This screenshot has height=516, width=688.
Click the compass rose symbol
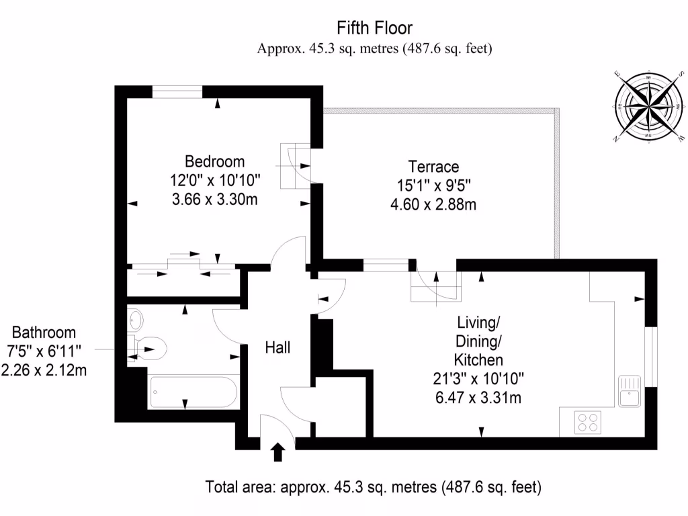(x=648, y=105)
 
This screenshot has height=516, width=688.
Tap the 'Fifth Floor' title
(x=374, y=28)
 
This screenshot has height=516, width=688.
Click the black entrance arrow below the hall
(x=277, y=452)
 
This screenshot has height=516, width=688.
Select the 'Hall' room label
(x=277, y=347)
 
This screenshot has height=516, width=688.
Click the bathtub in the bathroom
(x=193, y=391)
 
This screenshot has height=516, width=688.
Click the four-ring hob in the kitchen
(x=588, y=423)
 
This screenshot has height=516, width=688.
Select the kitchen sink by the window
(x=630, y=391)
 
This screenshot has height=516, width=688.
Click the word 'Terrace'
(x=433, y=167)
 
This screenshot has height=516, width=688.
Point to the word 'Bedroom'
(x=215, y=162)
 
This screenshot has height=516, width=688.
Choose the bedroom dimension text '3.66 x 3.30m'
(x=215, y=199)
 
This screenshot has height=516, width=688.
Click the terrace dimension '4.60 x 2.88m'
(x=433, y=204)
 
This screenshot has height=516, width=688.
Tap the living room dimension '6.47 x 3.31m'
(x=478, y=398)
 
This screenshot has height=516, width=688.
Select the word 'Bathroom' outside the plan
(x=44, y=333)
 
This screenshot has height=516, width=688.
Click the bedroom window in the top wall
(x=177, y=92)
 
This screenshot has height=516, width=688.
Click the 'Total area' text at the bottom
(x=373, y=486)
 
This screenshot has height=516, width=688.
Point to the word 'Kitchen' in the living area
(x=478, y=359)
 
